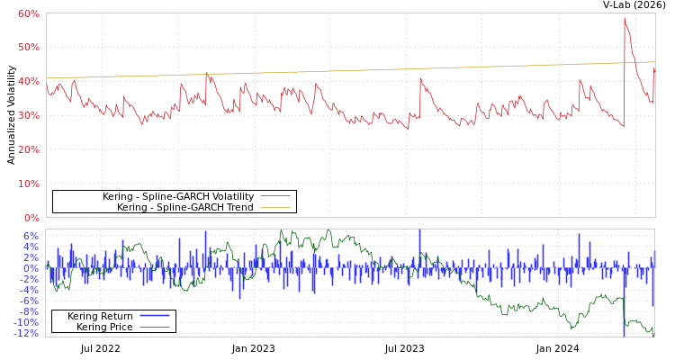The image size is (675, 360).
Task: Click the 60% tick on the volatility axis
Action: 28,13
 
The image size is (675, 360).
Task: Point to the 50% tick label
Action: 28,47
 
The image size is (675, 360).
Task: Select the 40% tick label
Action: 28,81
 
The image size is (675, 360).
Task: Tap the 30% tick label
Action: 28,115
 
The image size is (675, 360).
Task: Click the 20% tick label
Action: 28,149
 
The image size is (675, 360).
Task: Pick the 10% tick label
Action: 28,184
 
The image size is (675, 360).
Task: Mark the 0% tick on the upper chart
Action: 31,218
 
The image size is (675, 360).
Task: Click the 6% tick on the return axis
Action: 31,236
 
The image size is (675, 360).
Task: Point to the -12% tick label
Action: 28,333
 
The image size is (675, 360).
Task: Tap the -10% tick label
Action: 28,322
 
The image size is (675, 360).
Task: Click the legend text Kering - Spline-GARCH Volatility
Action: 177,196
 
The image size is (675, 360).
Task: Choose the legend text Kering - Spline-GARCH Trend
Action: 184,207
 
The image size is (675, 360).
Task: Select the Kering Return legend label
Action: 100,316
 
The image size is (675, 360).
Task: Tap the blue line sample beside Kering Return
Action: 155,316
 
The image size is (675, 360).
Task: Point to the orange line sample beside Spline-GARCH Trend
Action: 274,207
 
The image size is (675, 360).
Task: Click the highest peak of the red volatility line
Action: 625,18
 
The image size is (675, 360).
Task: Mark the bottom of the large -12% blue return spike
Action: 624,335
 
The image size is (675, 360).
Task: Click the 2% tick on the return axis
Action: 31,257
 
